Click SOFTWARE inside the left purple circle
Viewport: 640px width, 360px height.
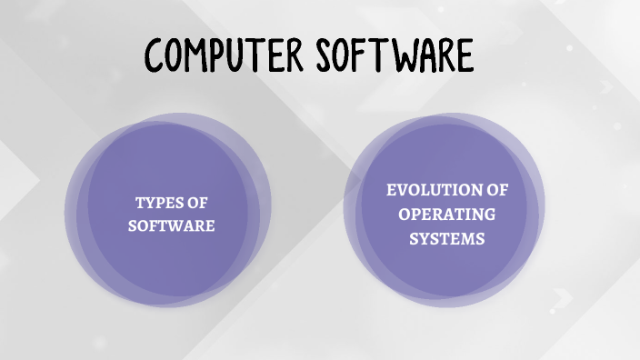[171, 225]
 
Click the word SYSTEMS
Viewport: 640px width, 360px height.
[446, 239]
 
